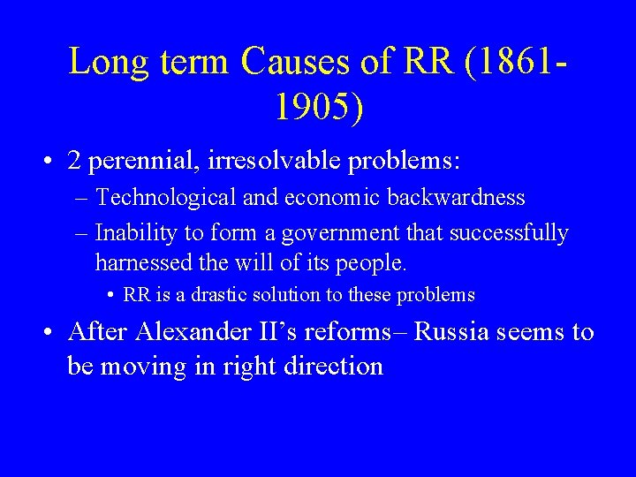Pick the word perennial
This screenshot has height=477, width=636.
point(144,162)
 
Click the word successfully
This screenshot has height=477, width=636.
point(509,233)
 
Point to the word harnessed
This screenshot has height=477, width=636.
point(137,263)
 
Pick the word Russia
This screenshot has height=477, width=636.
point(451,332)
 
